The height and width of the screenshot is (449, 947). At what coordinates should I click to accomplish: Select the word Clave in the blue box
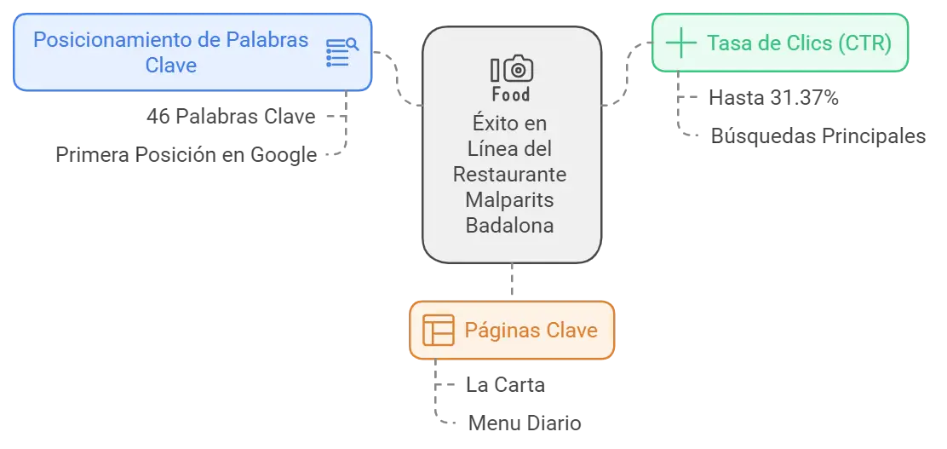[171, 66]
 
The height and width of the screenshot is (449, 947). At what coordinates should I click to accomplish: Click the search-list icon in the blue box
[342, 52]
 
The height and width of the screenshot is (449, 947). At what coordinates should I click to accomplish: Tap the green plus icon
[680, 43]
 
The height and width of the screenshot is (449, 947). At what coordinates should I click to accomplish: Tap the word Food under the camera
[511, 94]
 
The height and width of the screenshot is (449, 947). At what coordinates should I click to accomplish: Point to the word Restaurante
[510, 174]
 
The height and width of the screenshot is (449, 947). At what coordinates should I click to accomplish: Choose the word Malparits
[510, 200]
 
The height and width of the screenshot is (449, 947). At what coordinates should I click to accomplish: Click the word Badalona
[510, 226]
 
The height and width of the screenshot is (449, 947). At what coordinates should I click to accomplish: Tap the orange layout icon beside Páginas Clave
[438, 331]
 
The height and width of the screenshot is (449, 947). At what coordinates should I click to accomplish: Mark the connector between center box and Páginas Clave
[514, 282]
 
